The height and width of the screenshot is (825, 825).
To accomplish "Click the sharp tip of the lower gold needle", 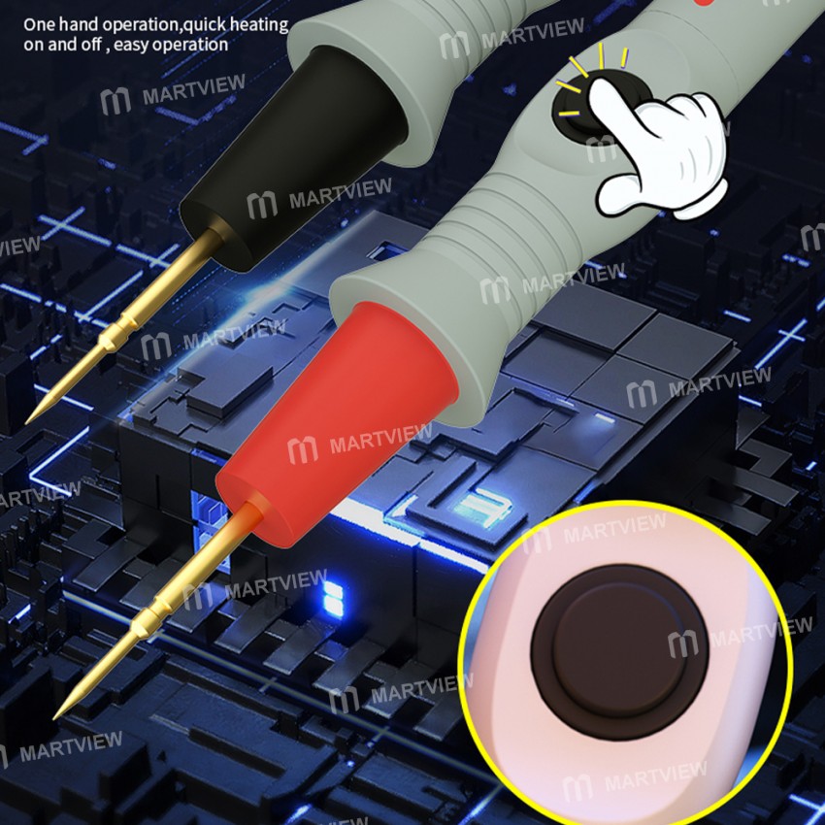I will (56, 717).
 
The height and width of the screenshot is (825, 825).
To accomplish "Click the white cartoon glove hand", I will (660, 146).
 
